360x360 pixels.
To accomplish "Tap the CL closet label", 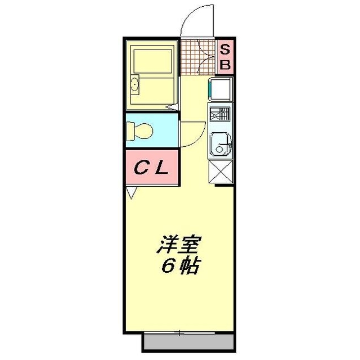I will (151, 167).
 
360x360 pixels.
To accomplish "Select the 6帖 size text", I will (180, 266).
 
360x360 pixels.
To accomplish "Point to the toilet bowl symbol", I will (139, 131).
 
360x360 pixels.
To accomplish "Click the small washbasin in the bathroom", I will (134, 85).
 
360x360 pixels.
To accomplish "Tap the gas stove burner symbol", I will (220, 114).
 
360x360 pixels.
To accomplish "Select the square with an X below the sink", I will (220, 172).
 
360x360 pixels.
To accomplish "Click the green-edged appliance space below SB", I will (220, 89).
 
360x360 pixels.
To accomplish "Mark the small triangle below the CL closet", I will (131, 193).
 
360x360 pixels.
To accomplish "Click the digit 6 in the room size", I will (168, 266).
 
